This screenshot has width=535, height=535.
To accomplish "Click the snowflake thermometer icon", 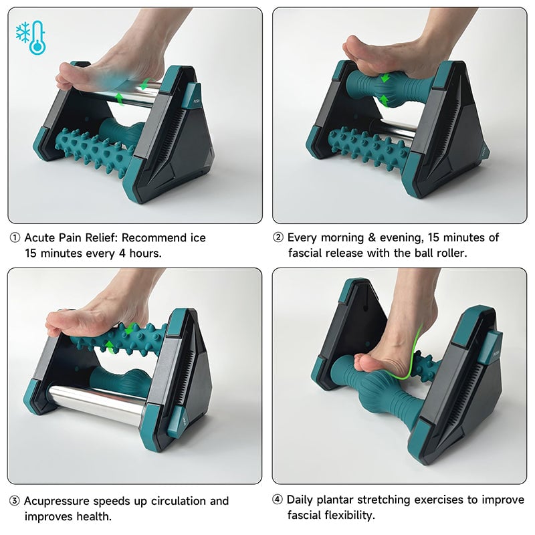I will click(29, 38).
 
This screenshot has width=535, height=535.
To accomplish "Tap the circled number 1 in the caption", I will click(14, 238).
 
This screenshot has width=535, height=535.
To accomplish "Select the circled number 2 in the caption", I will click(278, 238).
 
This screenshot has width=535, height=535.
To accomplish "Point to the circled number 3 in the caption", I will click(14, 501).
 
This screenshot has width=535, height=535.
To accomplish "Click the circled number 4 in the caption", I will click(278, 500).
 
